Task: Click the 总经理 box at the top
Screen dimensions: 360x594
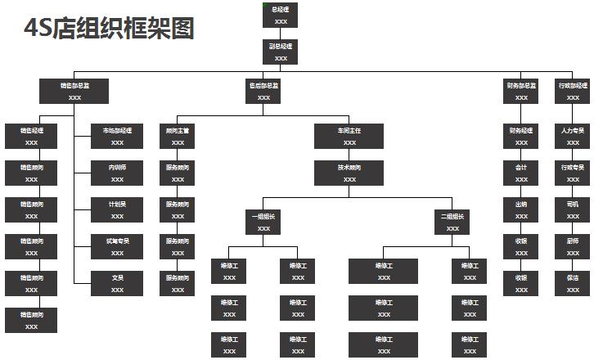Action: tap(281, 15)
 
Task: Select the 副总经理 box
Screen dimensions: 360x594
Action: tap(281, 52)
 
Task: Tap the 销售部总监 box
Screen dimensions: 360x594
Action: tap(74, 91)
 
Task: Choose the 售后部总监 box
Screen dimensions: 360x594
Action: tap(263, 91)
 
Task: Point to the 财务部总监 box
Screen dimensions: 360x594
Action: tap(521, 91)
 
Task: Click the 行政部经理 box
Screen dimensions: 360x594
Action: tap(573, 91)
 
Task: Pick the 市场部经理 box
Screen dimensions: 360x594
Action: tap(117, 136)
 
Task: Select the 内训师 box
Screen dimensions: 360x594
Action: tap(117, 173)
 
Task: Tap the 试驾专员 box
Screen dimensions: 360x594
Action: tap(117, 246)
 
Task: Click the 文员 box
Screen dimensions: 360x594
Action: tap(117, 283)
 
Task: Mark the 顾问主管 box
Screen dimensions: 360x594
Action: tap(178, 136)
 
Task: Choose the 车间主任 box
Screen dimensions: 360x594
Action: tap(349, 136)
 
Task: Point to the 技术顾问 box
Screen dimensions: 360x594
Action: tap(349, 173)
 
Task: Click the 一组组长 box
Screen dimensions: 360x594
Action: tap(263, 222)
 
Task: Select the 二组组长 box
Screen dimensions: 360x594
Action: tap(452, 222)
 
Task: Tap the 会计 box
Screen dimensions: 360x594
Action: tap(521, 173)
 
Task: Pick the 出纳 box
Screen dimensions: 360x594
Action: tap(521, 209)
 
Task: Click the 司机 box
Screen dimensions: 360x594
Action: tap(573, 209)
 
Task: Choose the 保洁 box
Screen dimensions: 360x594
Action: tap(573, 283)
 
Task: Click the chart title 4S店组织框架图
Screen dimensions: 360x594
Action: tap(110, 29)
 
